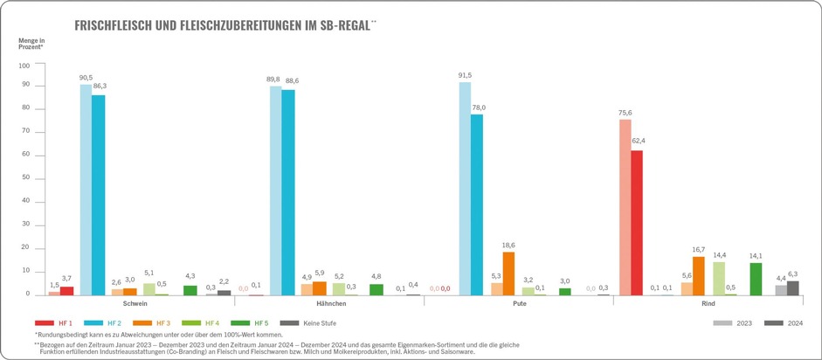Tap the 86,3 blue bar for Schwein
click(x=98, y=195)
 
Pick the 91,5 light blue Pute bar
click(x=465, y=189)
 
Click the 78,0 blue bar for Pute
click(x=476, y=204)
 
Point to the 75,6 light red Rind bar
click(x=625, y=207)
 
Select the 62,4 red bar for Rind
click(x=637, y=223)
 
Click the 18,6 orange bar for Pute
click(x=508, y=273)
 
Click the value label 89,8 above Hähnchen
click(x=275, y=80)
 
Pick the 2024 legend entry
click(x=792, y=323)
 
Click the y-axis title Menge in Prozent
click(x=32, y=45)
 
